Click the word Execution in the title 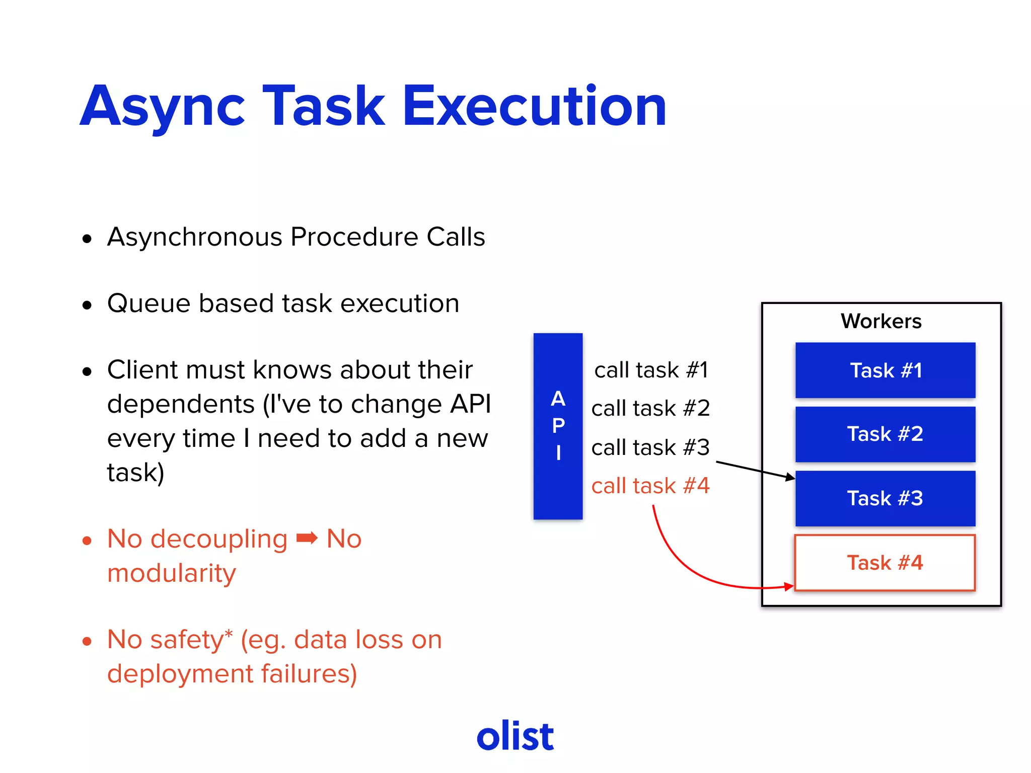[534, 107]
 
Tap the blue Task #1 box [885, 370]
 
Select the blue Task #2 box [885, 434]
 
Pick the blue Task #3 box [885, 499]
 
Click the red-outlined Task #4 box [885, 563]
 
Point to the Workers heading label [881, 321]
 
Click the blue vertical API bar [558, 426]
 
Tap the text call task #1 [651, 370]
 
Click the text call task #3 [650, 447]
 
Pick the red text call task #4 [650, 486]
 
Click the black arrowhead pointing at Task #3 [790, 477]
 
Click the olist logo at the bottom [515, 736]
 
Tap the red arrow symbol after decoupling [307, 538]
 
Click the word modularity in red [171, 573]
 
